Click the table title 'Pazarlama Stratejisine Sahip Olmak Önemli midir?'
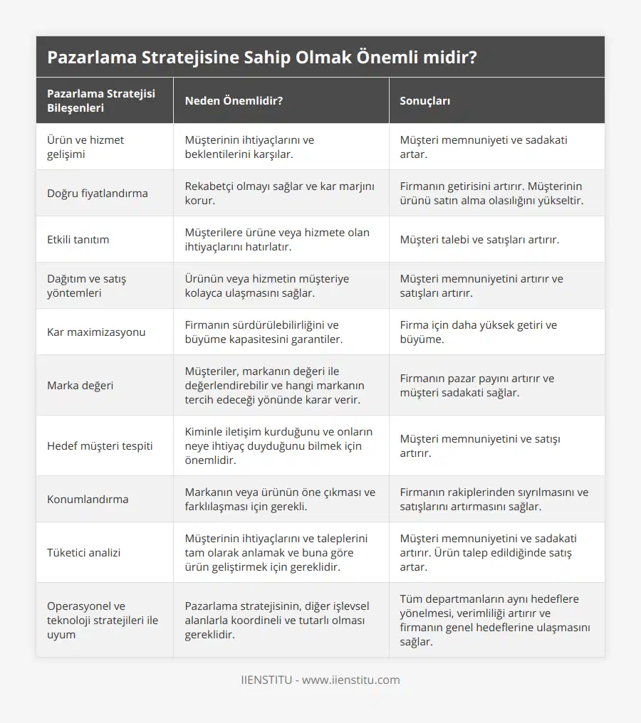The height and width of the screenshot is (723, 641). (262, 58)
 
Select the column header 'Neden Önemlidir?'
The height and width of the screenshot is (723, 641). (234, 101)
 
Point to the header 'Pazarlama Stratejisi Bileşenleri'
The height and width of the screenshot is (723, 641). (101, 101)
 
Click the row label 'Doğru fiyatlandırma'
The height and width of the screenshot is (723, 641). (98, 193)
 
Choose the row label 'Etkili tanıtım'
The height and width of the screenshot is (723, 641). (78, 239)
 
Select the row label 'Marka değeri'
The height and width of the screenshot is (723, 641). (80, 385)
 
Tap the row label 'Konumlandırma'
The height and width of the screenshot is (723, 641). (88, 499)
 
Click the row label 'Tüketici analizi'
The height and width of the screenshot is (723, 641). (83, 552)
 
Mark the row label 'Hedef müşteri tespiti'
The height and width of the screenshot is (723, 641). (100, 445)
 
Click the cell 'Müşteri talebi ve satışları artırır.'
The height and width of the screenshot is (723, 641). (479, 239)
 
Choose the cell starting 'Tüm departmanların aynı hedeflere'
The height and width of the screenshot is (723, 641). (495, 620)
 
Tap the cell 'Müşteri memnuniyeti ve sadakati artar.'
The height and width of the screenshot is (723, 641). (484, 147)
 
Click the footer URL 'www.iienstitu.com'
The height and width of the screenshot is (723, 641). (350, 680)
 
